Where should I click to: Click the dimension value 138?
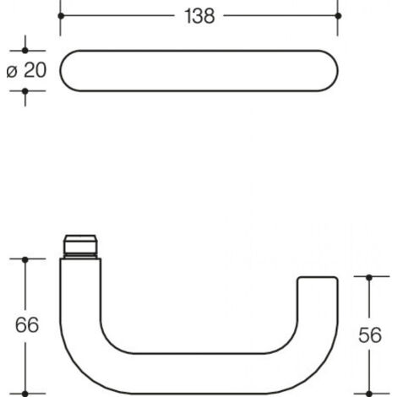(199, 16)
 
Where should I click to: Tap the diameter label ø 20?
(26, 70)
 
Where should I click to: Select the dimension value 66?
(27, 325)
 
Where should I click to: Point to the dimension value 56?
(370, 335)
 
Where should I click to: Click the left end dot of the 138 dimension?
(61, 16)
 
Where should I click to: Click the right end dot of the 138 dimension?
(338, 16)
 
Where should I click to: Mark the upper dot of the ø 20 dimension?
(25, 51)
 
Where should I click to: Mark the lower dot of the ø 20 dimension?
(25, 91)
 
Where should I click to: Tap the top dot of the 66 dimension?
(25, 259)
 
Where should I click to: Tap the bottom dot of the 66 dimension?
(25, 394)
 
